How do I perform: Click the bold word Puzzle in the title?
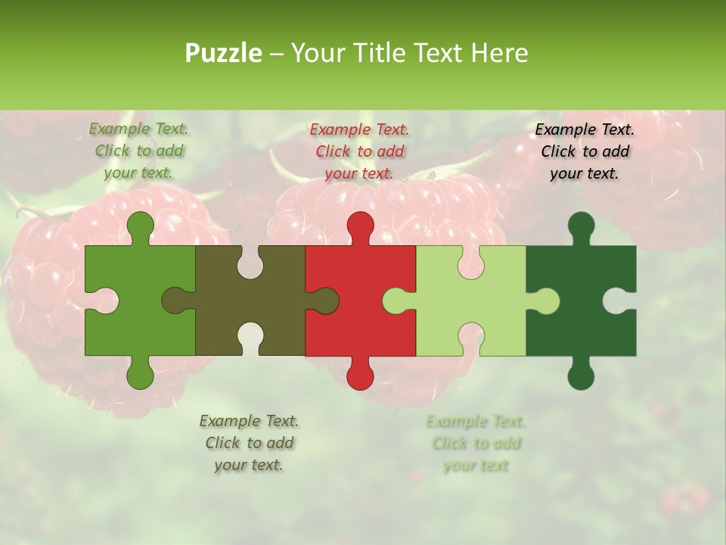[224, 53]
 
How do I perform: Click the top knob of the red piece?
[360, 226]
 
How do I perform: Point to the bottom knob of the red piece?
[360, 375]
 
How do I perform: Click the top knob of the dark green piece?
[581, 226]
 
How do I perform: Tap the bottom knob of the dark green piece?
[581, 375]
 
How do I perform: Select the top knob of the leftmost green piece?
[140, 226]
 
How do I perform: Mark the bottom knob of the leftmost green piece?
[140, 375]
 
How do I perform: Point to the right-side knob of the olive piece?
[325, 301]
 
